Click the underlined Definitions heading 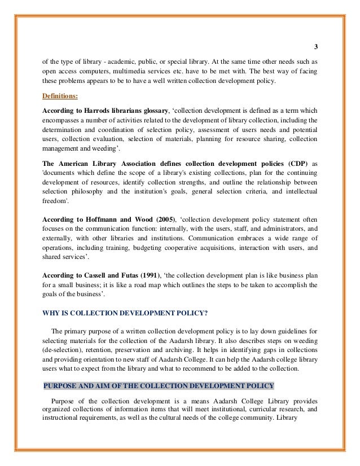[x=63, y=95]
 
